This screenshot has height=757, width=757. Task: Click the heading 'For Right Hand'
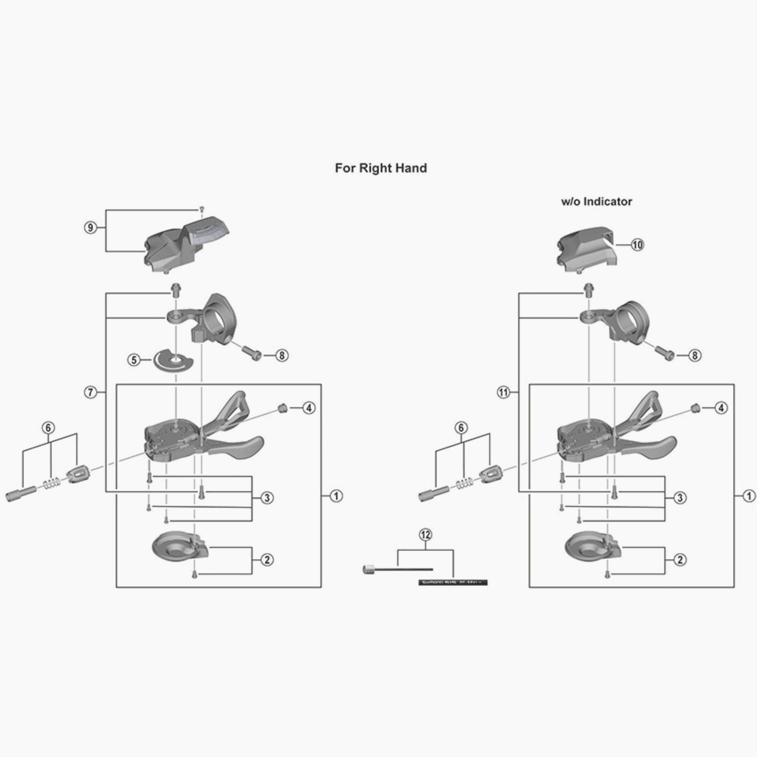(380, 168)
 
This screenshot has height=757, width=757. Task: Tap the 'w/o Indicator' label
(597, 202)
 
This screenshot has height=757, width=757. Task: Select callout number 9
(90, 227)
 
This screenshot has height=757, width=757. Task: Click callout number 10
(637, 245)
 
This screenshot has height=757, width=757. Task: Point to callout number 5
(134, 360)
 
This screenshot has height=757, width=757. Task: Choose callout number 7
(90, 392)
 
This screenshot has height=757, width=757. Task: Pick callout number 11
(503, 392)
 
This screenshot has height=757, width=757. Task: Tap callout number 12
(425, 534)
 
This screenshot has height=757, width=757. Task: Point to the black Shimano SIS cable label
(453, 583)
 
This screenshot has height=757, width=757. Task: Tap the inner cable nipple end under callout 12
(369, 569)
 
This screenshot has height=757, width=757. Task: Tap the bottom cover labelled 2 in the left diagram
(179, 548)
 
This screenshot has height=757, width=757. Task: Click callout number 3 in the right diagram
(680, 498)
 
